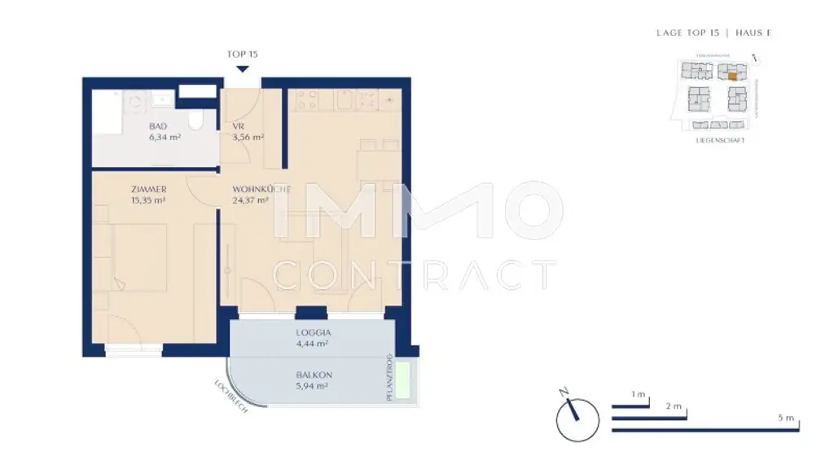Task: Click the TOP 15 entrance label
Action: pyautogui.click(x=242, y=55)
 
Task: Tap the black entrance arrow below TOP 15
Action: pyautogui.click(x=242, y=68)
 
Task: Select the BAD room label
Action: pyautogui.click(x=158, y=126)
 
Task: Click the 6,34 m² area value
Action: pyautogui.click(x=165, y=138)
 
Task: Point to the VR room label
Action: pyautogui.click(x=239, y=126)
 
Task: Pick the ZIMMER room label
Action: pyautogui.click(x=148, y=189)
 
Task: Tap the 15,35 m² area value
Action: pyautogui.click(x=148, y=199)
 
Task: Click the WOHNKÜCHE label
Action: pyautogui.click(x=261, y=189)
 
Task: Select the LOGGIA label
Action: pyautogui.click(x=314, y=332)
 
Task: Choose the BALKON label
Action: pyautogui.click(x=314, y=375)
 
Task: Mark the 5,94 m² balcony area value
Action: pyautogui.click(x=314, y=386)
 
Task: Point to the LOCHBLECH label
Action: pyautogui.click(x=230, y=397)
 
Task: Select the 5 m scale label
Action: pyautogui.click(x=785, y=418)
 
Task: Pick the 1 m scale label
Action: pyautogui.click(x=639, y=395)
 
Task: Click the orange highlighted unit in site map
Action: pyautogui.click(x=732, y=76)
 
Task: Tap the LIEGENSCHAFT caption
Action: pyautogui.click(x=720, y=140)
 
